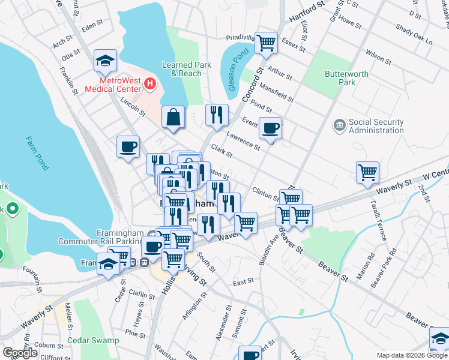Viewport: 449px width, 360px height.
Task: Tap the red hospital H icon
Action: point(150,84)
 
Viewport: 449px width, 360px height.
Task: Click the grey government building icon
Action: point(340,125)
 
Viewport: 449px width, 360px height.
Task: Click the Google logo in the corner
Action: point(20,353)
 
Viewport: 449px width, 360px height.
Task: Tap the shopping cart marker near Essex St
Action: point(266,43)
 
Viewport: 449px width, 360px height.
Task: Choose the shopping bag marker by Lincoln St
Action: point(173,117)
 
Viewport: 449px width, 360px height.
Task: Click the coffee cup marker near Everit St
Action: point(270,128)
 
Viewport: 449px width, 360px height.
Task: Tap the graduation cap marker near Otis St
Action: point(105,60)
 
